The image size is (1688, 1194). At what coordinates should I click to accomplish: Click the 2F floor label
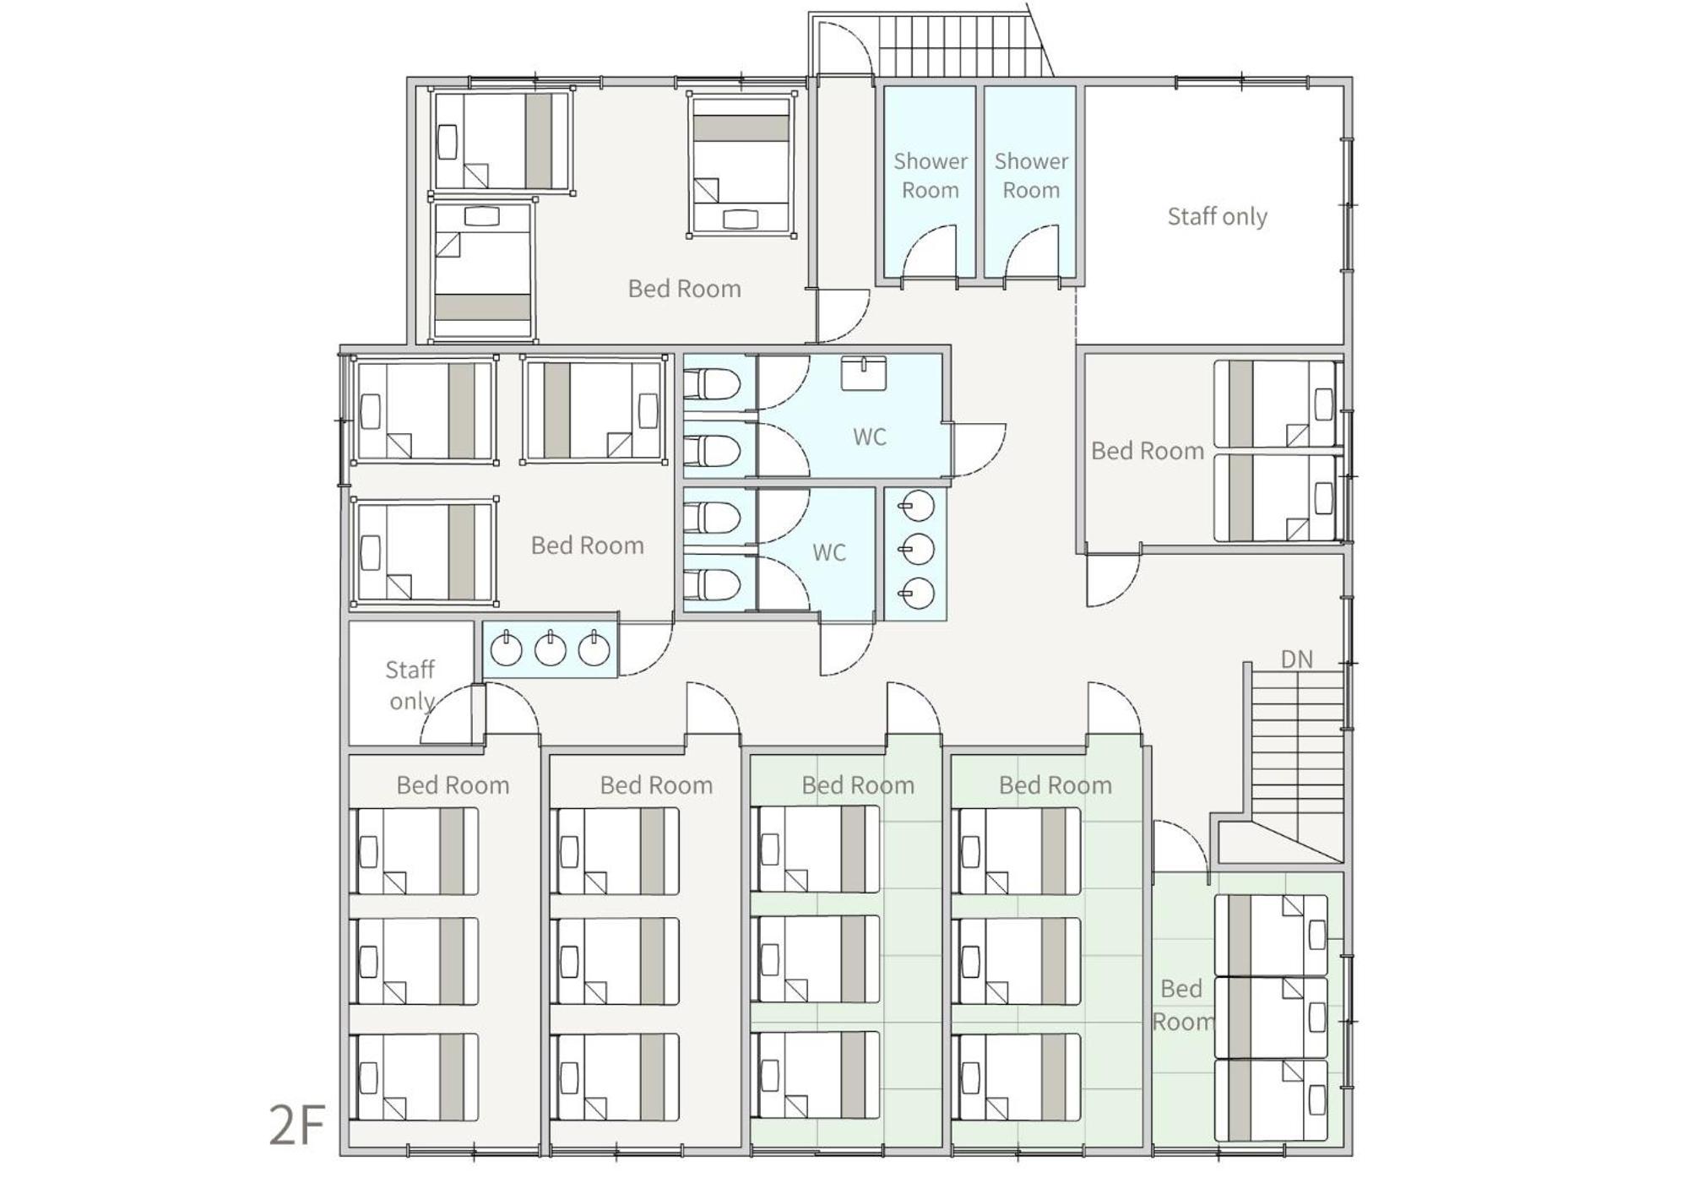(x=297, y=1125)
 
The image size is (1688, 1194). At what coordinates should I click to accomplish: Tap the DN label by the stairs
(x=1296, y=659)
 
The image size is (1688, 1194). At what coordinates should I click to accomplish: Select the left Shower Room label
(x=930, y=176)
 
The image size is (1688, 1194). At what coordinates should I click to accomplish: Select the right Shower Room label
(x=1031, y=176)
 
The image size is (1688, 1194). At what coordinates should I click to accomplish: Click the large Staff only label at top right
(x=1217, y=217)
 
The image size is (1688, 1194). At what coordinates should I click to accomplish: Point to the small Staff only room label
(x=410, y=686)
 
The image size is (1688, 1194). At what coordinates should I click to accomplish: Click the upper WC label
(x=869, y=437)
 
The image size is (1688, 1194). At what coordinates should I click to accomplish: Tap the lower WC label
(x=828, y=553)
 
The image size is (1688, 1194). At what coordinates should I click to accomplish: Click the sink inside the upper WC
(x=863, y=373)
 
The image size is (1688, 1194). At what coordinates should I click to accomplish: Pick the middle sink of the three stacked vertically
(x=917, y=550)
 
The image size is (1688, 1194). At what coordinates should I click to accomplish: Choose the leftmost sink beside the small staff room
(x=506, y=649)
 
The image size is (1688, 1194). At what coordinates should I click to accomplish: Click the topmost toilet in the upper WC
(x=711, y=384)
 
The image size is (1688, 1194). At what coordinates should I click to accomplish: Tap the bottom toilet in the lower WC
(x=711, y=583)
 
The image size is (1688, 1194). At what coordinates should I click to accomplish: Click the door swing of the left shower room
(x=931, y=251)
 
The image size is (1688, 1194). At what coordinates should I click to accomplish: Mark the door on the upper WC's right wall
(x=979, y=449)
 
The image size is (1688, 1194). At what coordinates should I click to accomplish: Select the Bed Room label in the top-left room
(x=684, y=289)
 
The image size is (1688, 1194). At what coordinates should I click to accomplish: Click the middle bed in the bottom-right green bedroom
(x=1271, y=1018)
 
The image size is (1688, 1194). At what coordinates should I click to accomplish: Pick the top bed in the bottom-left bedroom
(x=415, y=851)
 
